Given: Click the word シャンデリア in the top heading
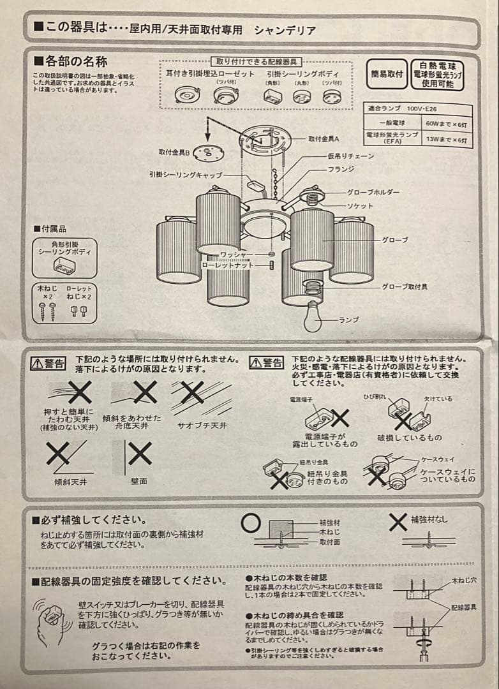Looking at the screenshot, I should pyautogui.click(x=285, y=30).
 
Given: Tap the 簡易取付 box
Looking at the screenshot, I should pyautogui.click(x=387, y=74).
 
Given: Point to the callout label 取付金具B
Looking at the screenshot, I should pyautogui.click(x=175, y=152).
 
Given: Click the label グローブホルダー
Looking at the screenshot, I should pyautogui.click(x=373, y=192).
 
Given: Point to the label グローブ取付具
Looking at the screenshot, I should pyautogui.click(x=405, y=287).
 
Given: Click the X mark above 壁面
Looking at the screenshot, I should pyautogui.click(x=139, y=454).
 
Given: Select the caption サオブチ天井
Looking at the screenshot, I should pyautogui.click(x=202, y=425).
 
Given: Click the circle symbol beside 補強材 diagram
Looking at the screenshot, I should pyautogui.click(x=250, y=523).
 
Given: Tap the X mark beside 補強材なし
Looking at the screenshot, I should pyautogui.click(x=398, y=522).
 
